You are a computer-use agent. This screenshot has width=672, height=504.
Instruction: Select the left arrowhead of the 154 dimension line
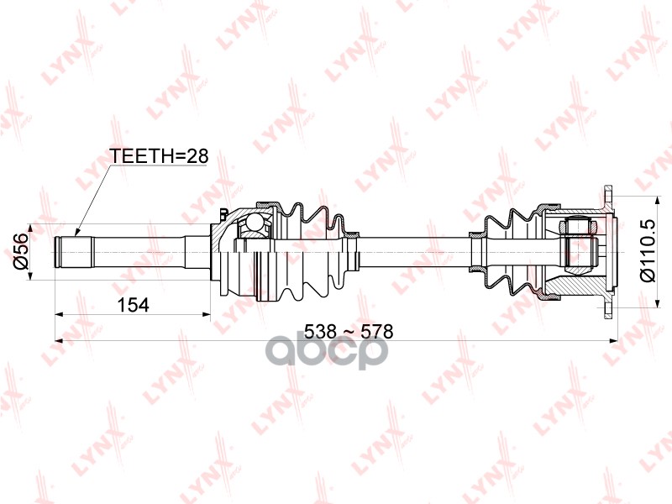point(59,314)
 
